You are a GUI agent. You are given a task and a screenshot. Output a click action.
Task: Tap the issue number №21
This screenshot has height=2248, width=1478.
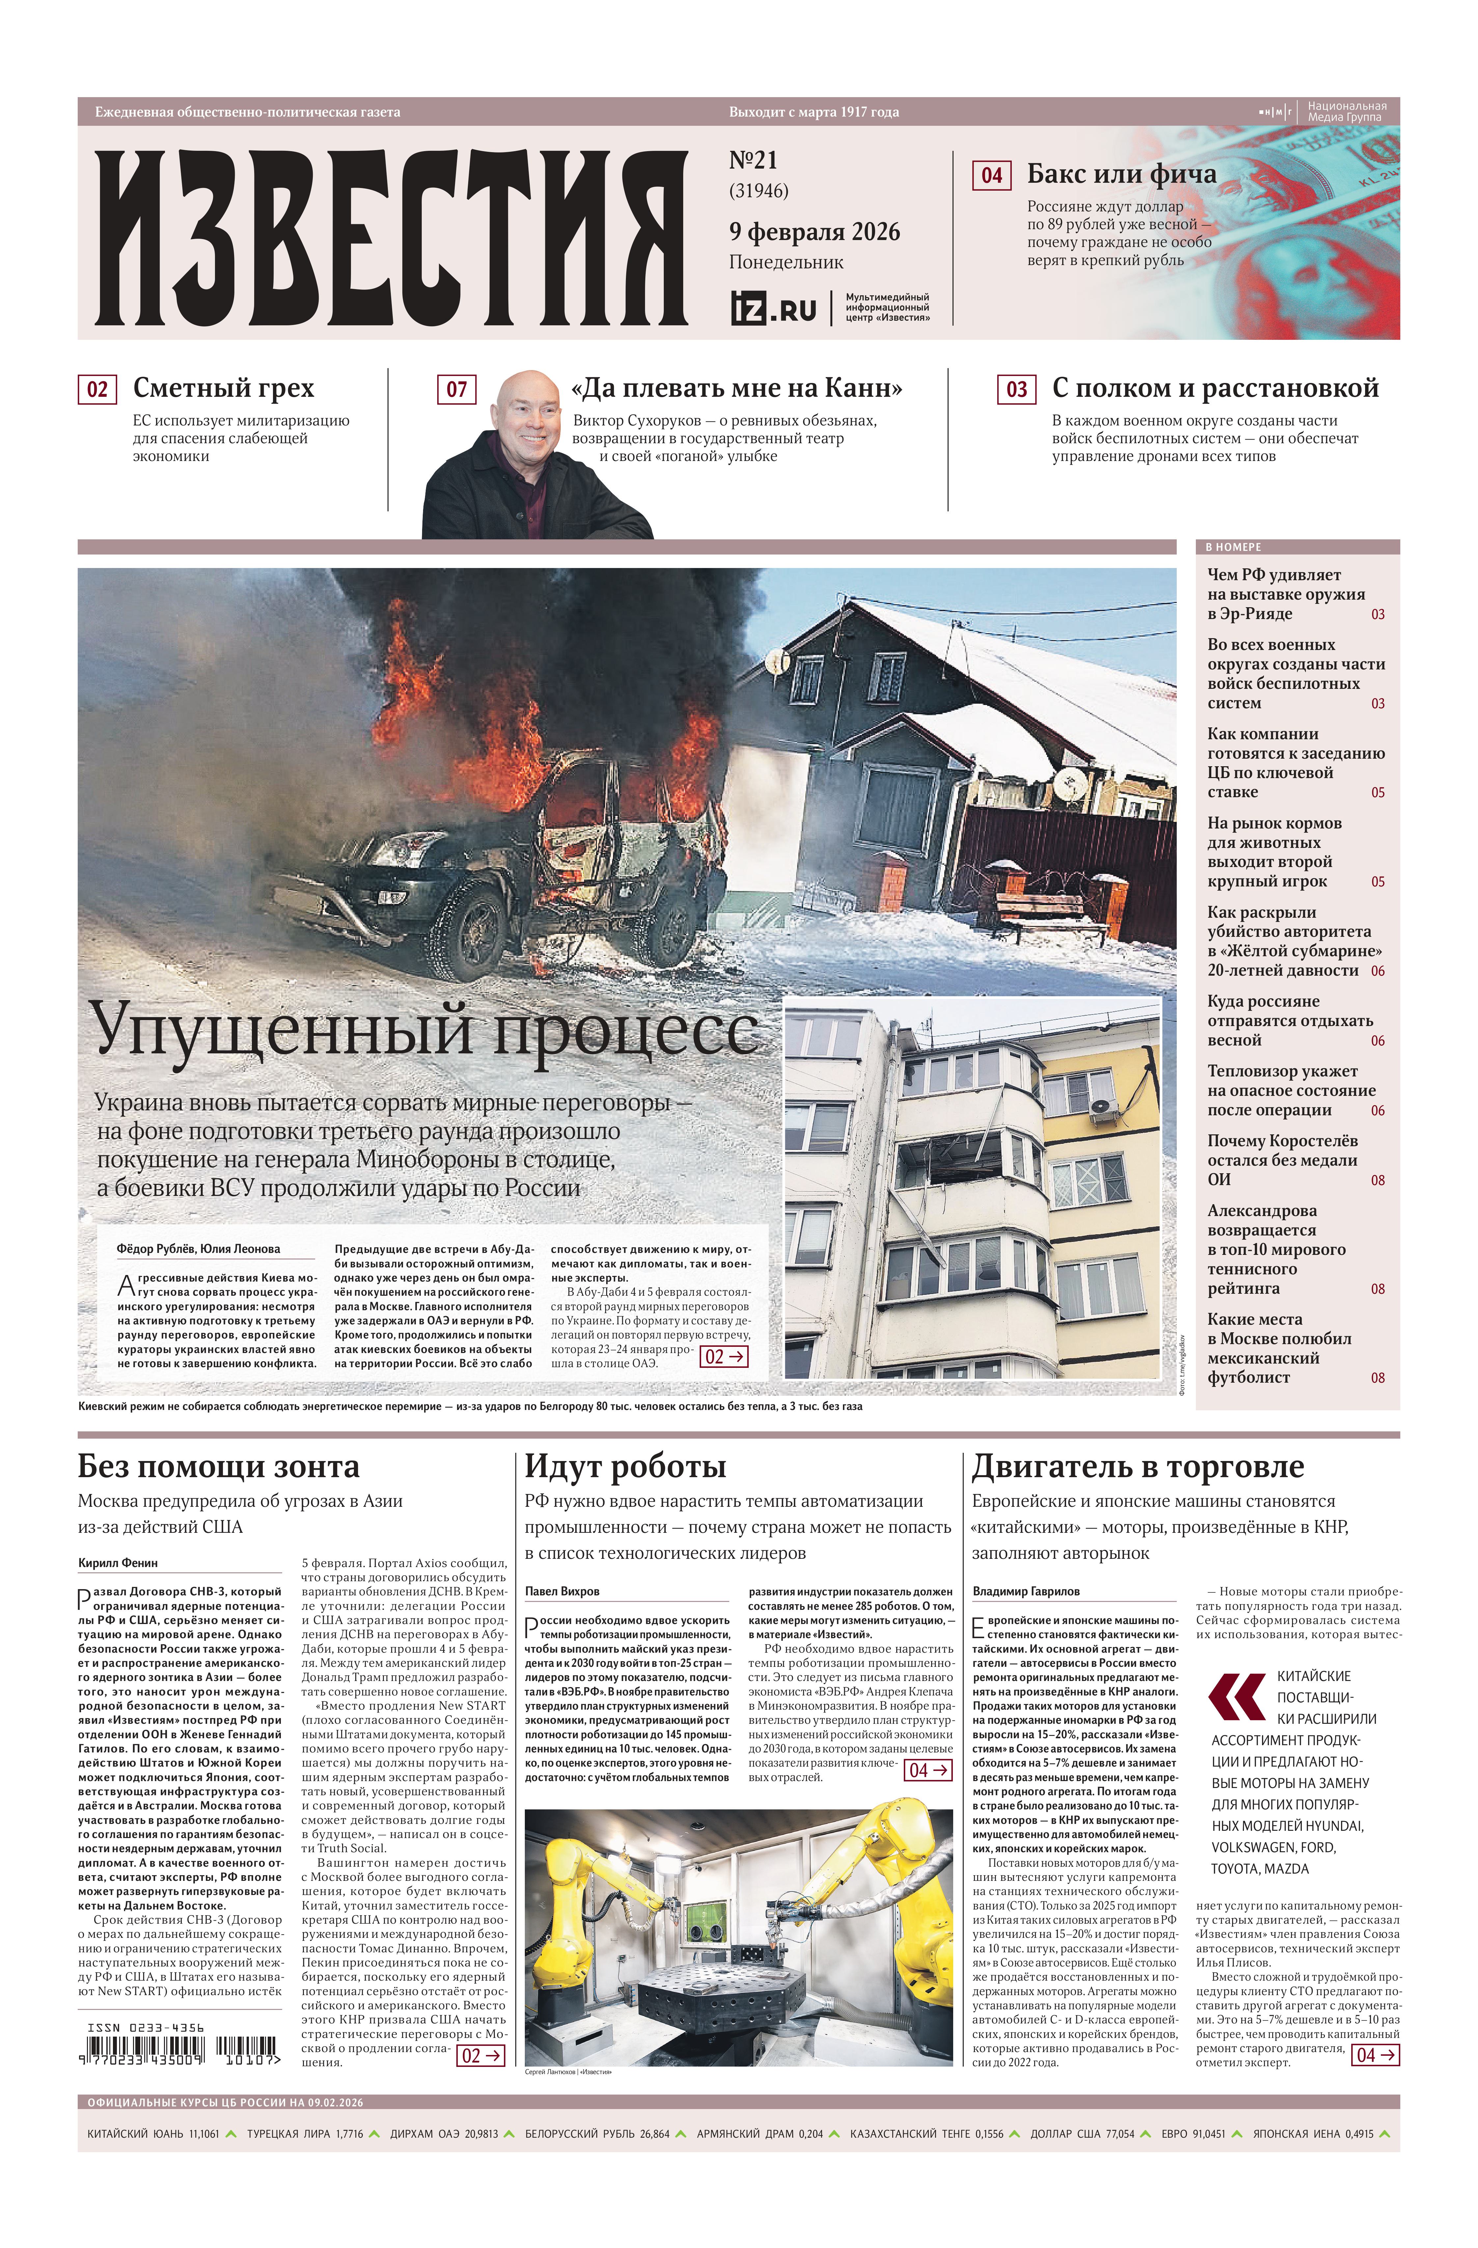[753, 161]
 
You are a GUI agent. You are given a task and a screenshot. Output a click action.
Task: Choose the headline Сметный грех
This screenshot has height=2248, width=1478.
[223, 388]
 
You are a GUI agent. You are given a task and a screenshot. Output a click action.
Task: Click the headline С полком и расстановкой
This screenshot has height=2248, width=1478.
[1215, 388]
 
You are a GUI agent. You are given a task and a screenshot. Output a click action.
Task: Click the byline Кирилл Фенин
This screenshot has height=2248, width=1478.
[118, 1563]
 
